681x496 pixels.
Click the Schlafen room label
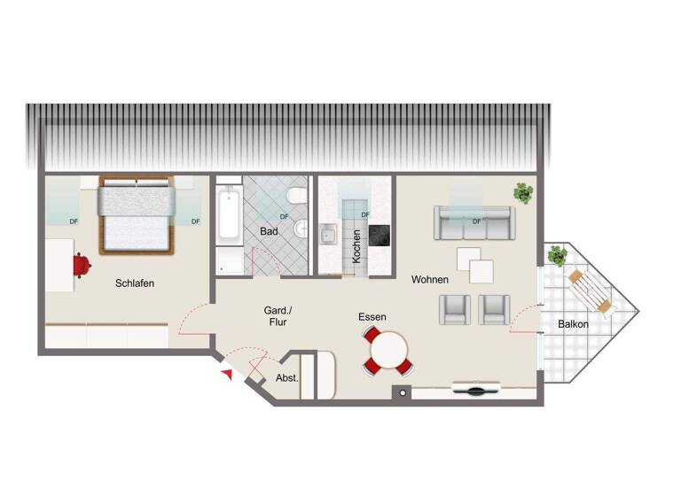[135, 283]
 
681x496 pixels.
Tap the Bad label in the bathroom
[269, 231]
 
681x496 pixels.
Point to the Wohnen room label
[430, 280]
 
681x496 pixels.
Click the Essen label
[372, 316]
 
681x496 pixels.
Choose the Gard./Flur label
[278, 316]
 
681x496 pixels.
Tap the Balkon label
[573, 325]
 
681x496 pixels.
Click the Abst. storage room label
[286, 377]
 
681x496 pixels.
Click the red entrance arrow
[227, 376]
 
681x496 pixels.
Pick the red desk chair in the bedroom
[81, 264]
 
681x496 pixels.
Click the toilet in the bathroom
[298, 197]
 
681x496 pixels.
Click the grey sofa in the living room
[474, 223]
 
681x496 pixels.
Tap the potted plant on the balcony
[558, 257]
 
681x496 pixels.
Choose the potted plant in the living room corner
[523, 192]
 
